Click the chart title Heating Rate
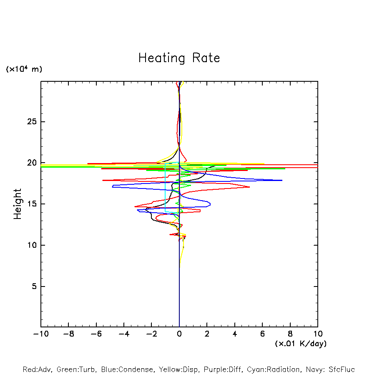179,58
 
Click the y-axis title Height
18,204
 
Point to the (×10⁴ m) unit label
24,69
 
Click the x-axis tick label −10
40,334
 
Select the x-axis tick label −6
96,334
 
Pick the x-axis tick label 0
179,334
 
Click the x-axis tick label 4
235,334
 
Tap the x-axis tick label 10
317,334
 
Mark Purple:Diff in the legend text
223,369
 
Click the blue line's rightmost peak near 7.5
282,180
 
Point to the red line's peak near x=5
249,187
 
